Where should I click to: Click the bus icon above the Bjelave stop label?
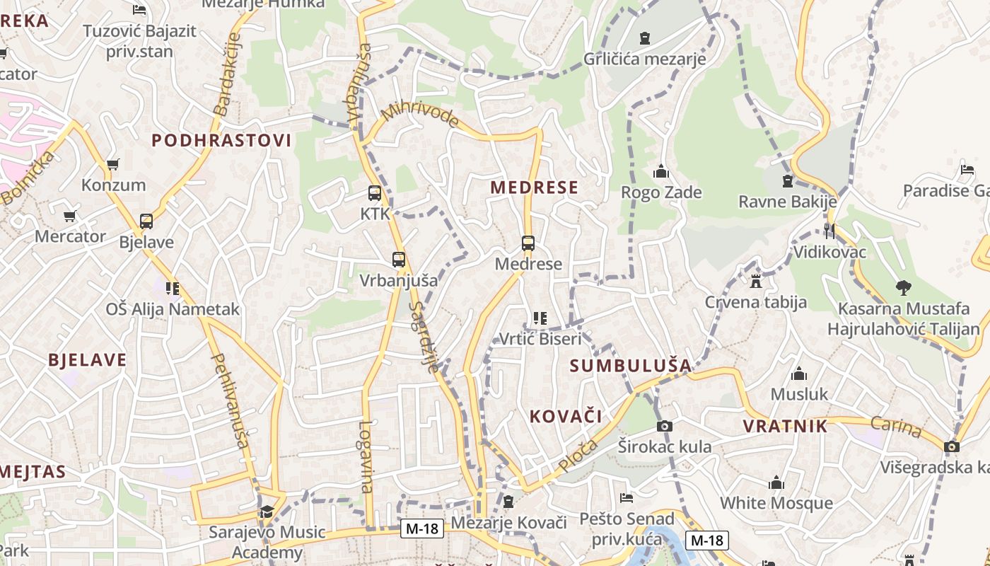[146, 221]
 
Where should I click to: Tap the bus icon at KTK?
[375, 192]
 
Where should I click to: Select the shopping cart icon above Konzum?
[112, 165]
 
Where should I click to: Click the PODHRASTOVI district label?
[221, 140]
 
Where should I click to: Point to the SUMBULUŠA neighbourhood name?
[630, 366]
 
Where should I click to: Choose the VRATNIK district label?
[785, 426]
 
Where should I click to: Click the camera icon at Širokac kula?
[664, 426]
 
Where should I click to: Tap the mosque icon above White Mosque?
[776, 483]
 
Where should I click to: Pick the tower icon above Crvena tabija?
[756, 282]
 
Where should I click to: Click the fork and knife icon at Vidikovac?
[829, 231]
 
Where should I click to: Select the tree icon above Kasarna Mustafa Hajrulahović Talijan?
[903, 287]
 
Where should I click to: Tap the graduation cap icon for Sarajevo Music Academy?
[267, 512]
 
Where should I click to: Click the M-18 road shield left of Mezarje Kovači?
[422, 529]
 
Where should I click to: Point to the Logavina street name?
[366, 456]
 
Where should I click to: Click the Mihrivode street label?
[419, 115]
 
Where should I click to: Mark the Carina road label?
[896, 427]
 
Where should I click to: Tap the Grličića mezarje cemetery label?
[644, 59]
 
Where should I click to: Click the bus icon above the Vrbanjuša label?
[399, 260]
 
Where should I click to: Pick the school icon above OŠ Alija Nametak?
[173, 289]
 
